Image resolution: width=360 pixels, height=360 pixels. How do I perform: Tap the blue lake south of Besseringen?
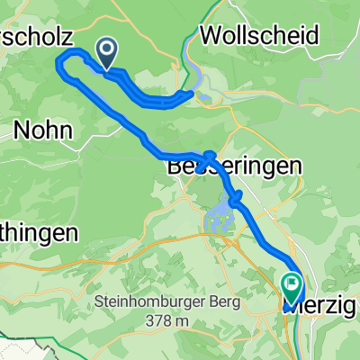pyautogui.click(x=221, y=215)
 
